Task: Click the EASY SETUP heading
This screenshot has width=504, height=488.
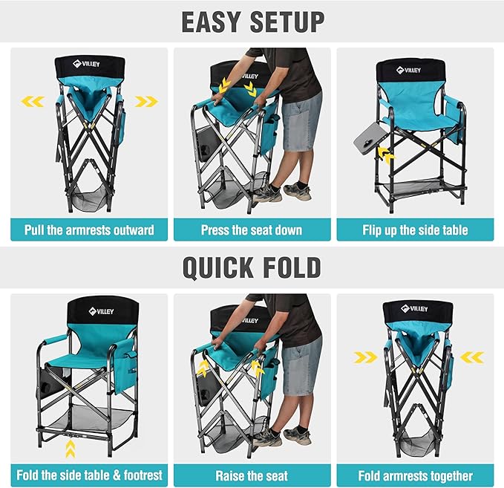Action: click(252, 22)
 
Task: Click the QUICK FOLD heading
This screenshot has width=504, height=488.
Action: click(252, 267)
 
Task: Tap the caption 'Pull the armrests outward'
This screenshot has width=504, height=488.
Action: click(89, 230)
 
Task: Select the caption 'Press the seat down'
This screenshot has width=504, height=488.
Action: click(252, 230)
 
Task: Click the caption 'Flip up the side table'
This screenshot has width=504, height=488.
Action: click(415, 230)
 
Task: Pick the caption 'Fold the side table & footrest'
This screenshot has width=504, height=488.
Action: click(89, 475)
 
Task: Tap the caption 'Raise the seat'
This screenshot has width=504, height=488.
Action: click(252, 475)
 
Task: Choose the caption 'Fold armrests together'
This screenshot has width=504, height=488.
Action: click(415, 475)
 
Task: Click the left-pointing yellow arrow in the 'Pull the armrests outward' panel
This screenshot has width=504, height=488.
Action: click(33, 101)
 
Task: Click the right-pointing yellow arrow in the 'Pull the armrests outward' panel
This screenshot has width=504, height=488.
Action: click(145, 101)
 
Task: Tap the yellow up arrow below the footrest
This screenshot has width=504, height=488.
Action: click(70, 449)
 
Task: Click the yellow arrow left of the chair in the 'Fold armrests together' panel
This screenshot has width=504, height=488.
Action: click(364, 358)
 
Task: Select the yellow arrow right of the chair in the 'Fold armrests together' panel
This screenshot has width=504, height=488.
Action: click(471, 358)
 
